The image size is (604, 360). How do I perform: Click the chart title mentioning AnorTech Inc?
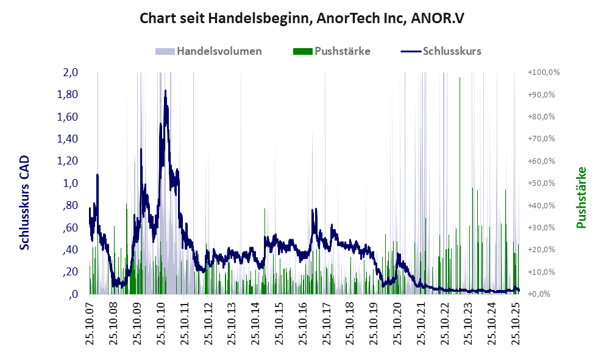[x=302, y=18]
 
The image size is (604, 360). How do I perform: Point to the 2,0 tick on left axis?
[x=70, y=72]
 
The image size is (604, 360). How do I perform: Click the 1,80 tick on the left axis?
[x=67, y=94]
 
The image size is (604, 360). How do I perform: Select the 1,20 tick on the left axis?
[x=67, y=161]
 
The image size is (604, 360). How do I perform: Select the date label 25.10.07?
[x=90, y=323]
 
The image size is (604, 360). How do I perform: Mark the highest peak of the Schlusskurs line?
[x=165, y=91]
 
